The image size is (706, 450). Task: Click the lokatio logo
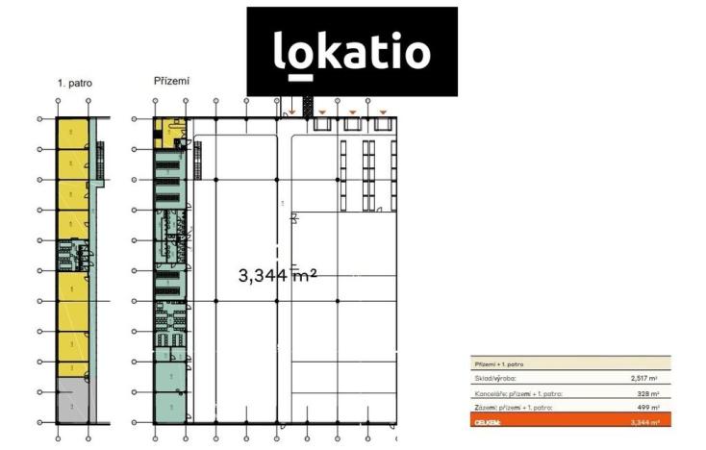click(351, 51)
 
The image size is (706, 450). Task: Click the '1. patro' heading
click(74, 84)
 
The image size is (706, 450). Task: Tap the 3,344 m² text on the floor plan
click(277, 275)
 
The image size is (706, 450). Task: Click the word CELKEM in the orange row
click(488, 421)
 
